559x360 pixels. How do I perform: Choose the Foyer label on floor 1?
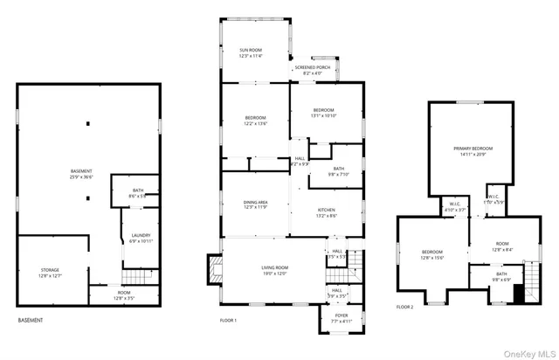tap(341, 317)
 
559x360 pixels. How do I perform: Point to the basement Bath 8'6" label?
tap(138, 192)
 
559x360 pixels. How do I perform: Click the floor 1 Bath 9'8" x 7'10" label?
tap(338, 170)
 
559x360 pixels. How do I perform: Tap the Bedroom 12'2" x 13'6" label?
tap(255, 120)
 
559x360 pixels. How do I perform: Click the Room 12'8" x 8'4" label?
tap(502, 248)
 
